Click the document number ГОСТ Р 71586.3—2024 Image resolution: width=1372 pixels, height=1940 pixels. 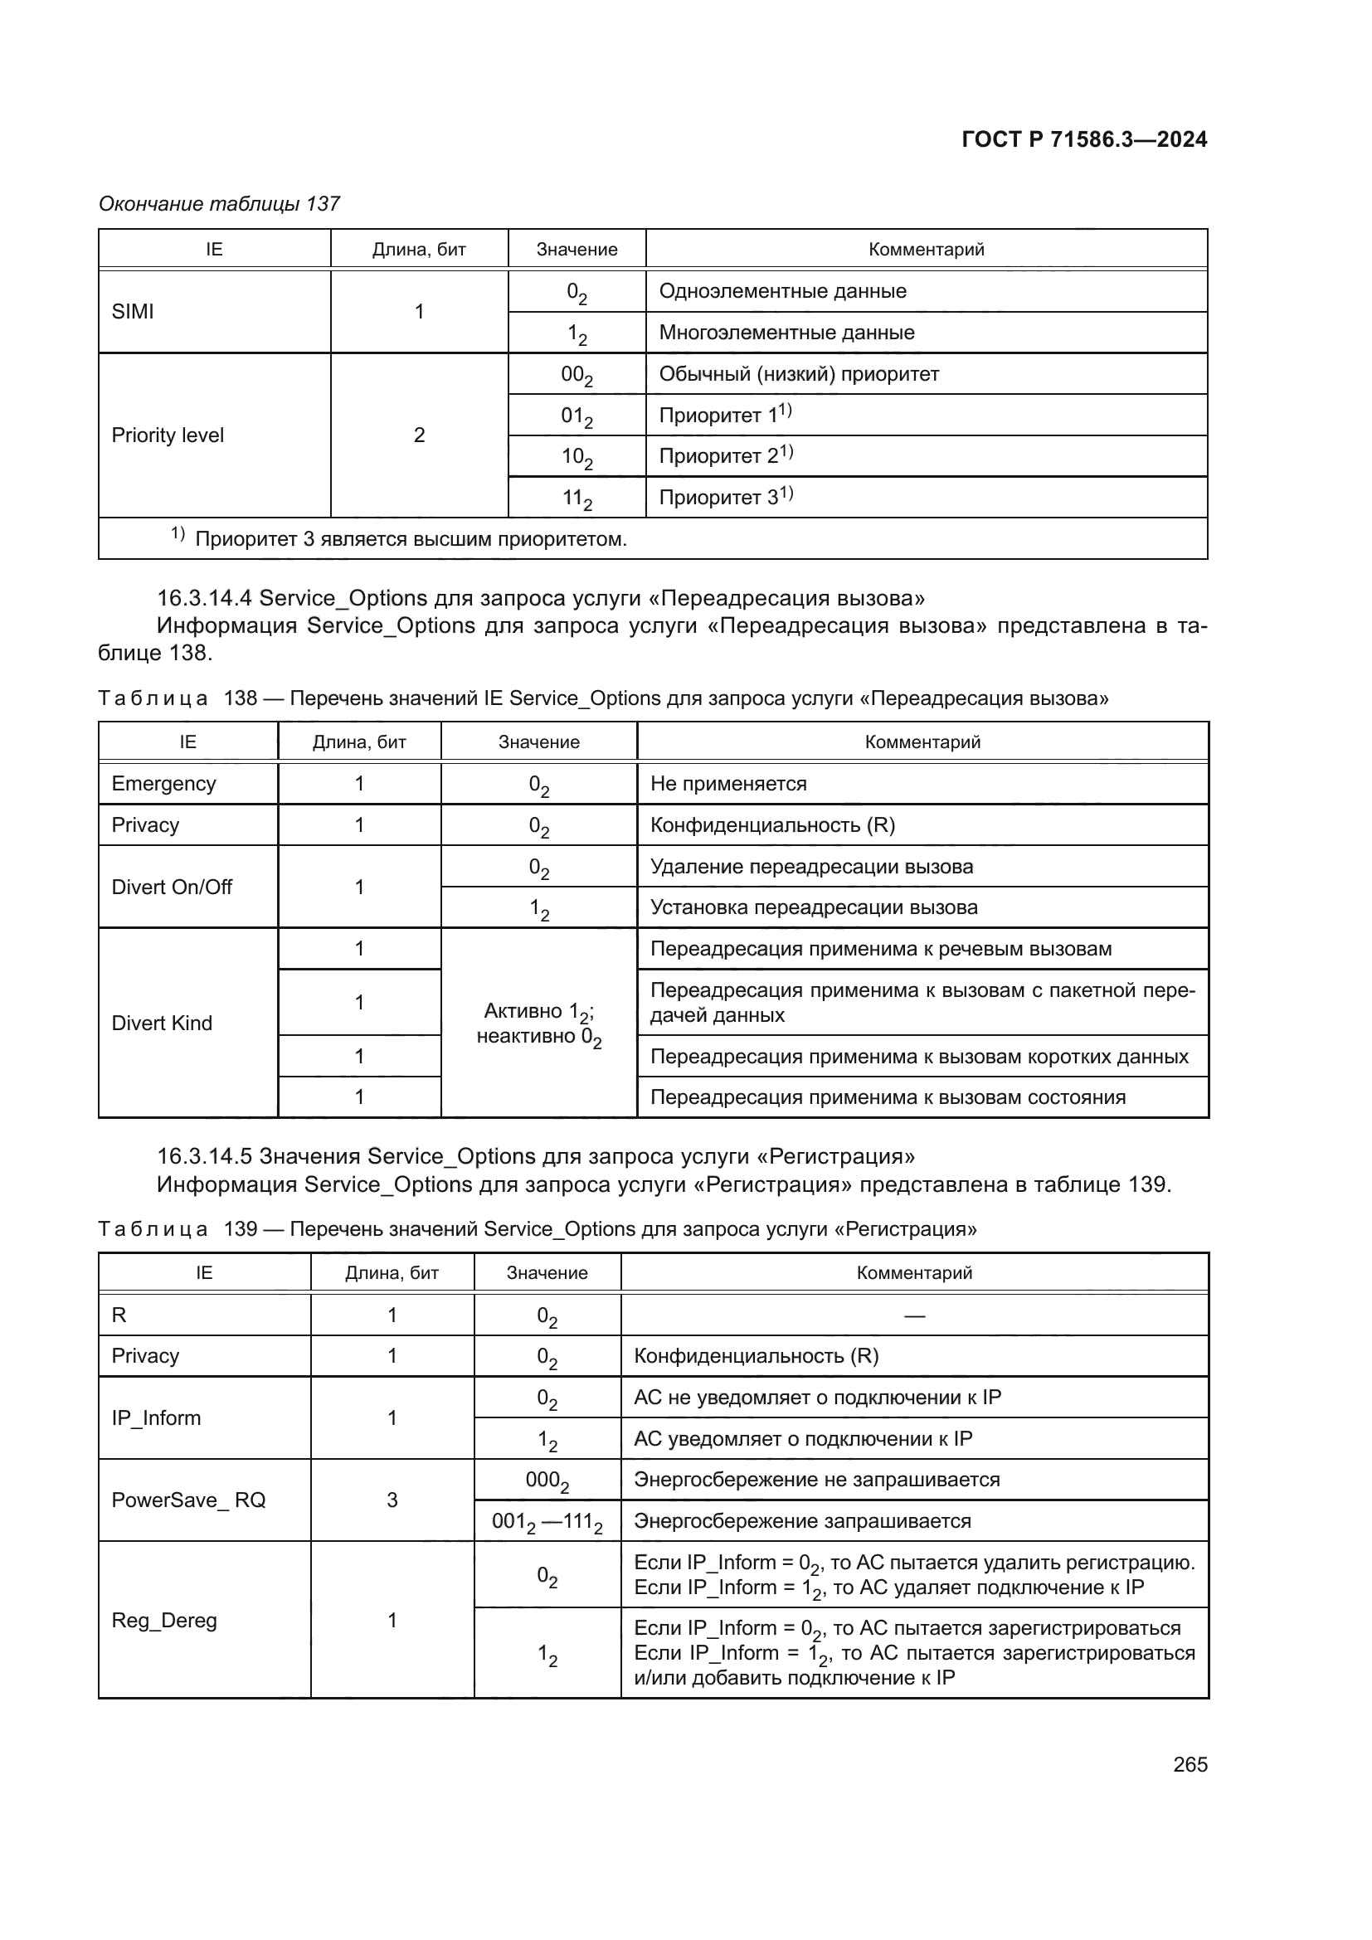pos(1084,139)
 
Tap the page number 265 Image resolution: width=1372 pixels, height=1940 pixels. pos(1190,1764)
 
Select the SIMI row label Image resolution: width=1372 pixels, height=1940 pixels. pos(133,312)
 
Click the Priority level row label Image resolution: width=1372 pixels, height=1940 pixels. pos(168,435)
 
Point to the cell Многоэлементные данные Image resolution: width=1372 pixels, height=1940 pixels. pos(786,333)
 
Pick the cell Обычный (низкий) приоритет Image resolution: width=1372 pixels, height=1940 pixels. pos(798,374)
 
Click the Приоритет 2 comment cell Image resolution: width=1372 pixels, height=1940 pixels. pos(725,456)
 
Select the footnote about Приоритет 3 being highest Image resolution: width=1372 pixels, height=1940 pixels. pos(411,539)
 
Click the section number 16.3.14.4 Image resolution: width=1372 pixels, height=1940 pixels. pos(204,598)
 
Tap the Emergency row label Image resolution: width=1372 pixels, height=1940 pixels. pos(164,784)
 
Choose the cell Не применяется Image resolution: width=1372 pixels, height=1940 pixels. pos(728,784)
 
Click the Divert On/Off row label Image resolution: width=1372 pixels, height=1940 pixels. pos(172,887)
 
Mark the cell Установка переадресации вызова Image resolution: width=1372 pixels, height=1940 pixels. pos(814,907)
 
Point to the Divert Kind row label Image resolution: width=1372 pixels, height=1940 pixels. pos(162,1023)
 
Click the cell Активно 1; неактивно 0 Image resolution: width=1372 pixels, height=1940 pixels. pos(539,1023)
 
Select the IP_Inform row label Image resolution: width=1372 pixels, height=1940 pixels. pos(156,1417)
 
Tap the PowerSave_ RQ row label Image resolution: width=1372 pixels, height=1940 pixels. pos(188,1500)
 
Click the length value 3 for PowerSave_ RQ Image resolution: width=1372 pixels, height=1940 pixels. pos(392,1500)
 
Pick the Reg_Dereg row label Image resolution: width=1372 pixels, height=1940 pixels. pos(164,1621)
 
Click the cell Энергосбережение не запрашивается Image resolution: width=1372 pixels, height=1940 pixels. pos(816,1480)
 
